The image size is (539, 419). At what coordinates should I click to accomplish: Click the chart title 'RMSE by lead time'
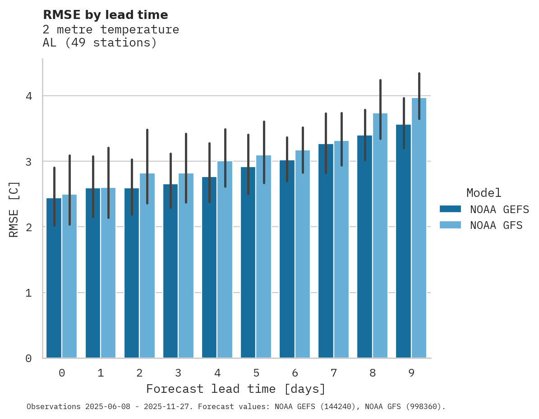click(105, 15)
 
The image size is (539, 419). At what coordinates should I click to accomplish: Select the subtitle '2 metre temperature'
click(111, 30)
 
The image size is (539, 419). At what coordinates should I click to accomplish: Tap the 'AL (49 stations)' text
click(100, 43)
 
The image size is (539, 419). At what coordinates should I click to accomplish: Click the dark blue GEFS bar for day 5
click(248, 262)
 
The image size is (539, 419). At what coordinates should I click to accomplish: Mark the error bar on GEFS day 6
click(287, 159)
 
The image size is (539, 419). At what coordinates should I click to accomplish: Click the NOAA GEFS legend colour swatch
click(450, 209)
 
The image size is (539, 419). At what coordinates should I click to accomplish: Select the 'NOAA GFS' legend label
click(496, 225)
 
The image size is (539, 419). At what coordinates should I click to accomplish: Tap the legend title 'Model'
click(484, 193)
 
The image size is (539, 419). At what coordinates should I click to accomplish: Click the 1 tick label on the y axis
click(28, 293)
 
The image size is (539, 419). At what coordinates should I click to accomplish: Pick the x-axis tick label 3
click(178, 373)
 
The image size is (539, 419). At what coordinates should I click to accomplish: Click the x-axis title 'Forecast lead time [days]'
click(235, 389)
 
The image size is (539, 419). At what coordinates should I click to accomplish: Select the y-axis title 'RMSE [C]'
click(14, 209)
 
